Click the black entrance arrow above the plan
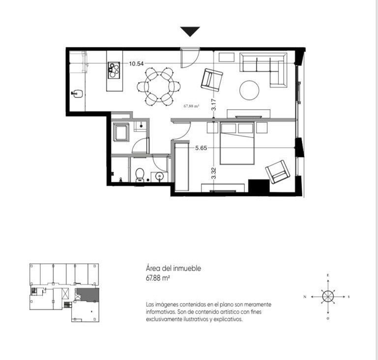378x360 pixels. coord(190,31)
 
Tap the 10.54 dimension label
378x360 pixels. coord(136,63)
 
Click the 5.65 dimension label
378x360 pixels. coord(201,148)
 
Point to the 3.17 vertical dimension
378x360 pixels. coord(214,105)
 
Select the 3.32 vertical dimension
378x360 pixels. coord(214,173)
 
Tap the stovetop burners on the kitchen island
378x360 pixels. coord(114,70)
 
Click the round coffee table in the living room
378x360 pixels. coord(249,90)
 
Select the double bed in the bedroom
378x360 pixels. coord(237,143)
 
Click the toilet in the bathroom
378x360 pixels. coord(140,175)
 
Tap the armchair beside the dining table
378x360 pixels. coord(212,80)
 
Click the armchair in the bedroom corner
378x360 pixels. coord(277,172)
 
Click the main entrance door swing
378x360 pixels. coord(190,58)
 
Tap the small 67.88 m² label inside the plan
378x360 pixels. coord(191,106)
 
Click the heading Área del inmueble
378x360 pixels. coord(174,269)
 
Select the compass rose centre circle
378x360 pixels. coord(328,297)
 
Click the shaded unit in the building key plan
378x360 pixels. coord(88,295)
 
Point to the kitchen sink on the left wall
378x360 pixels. coord(77,93)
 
